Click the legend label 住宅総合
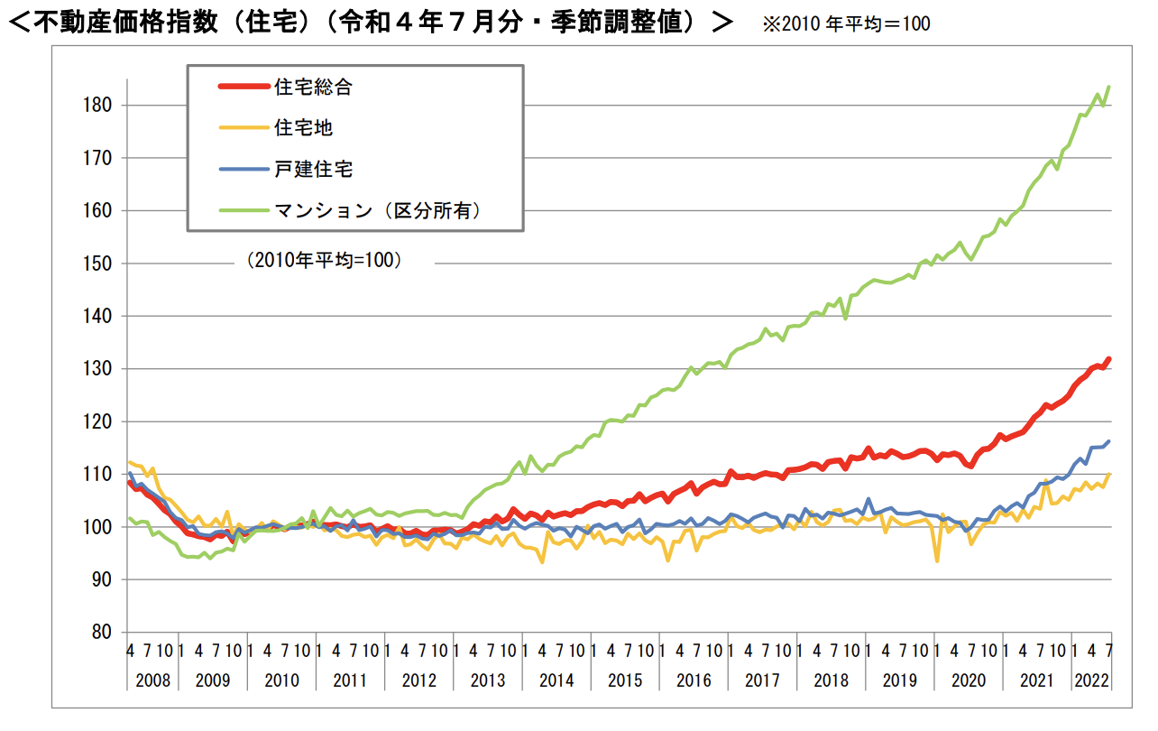tap(312, 88)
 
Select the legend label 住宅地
tap(303, 128)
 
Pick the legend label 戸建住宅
tap(312, 169)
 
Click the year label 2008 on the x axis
tap(152, 680)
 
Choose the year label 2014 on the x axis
tap(557, 680)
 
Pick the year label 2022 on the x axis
tap(1091, 680)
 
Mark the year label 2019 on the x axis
tap(899, 680)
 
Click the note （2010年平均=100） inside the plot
tap(324, 261)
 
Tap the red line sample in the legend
tap(244, 88)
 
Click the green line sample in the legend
tap(244, 210)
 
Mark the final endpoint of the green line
tap(1108, 87)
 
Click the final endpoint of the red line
tap(1108, 359)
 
